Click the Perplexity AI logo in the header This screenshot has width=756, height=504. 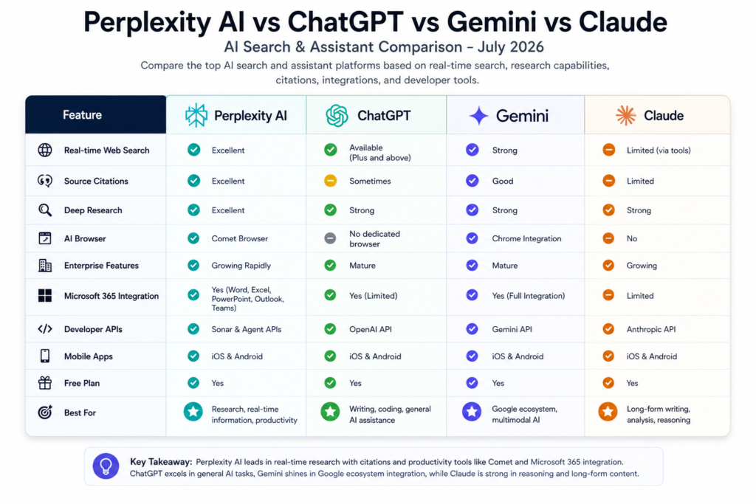196,115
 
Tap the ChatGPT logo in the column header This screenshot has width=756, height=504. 337,116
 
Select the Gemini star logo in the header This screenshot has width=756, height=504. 478,116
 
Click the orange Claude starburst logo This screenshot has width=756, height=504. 626,116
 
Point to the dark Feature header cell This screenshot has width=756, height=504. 96,114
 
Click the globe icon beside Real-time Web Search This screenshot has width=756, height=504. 45,150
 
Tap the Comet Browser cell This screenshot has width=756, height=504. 240,238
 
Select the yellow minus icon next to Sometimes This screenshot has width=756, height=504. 330,181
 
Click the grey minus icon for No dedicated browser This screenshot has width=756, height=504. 330,238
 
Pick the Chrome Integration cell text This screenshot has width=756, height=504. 526,238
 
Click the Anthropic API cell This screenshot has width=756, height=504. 651,329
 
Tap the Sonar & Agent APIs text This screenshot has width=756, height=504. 247,329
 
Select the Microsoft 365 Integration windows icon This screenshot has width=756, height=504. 45,295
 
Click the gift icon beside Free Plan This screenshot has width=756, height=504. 45,383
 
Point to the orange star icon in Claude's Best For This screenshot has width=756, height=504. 608,412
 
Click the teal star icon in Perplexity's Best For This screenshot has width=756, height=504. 193,412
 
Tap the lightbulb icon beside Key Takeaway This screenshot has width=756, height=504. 106,466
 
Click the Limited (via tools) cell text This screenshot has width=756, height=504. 659,151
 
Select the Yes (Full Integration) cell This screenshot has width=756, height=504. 529,296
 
